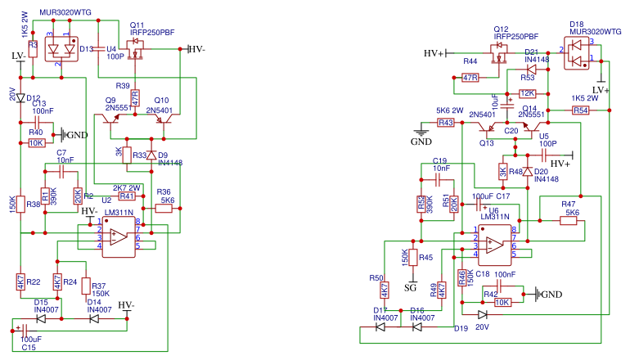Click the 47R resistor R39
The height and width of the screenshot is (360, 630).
pyautogui.click(x=135, y=97)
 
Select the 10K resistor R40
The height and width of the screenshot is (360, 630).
pyautogui.click(x=37, y=142)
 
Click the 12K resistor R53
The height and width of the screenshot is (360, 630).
pyautogui.click(x=527, y=93)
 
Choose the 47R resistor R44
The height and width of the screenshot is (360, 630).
pyautogui.click(x=469, y=78)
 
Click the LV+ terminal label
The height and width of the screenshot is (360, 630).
pyautogui.click(x=601, y=90)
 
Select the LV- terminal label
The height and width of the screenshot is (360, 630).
pyautogui.click(x=18, y=56)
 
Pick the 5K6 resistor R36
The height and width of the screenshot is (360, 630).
pyautogui.click(x=164, y=209)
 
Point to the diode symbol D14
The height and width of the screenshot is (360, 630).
pyautogui.click(x=95, y=318)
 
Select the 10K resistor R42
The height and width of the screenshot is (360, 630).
pyautogui.click(x=503, y=301)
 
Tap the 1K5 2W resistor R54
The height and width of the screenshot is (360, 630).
pyautogui.click(x=580, y=110)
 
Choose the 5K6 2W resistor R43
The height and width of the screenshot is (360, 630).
pyautogui.click(x=445, y=123)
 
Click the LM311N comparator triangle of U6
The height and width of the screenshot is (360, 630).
pyautogui.click(x=493, y=244)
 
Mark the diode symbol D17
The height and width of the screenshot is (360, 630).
pyautogui.click(x=380, y=327)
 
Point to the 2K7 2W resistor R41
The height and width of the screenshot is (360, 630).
pyautogui.click(x=127, y=196)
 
